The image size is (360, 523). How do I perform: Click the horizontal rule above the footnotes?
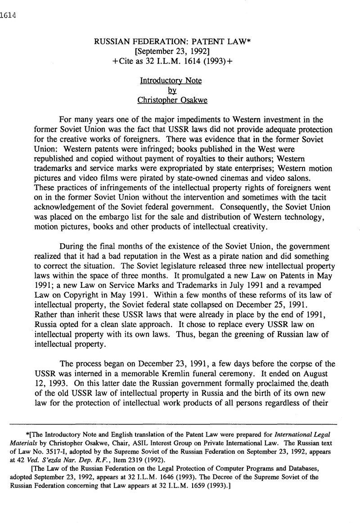173,424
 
